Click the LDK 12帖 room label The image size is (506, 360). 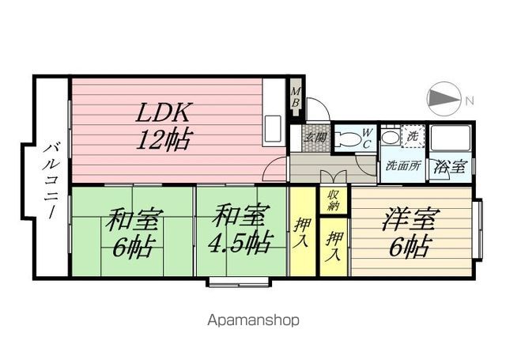coord(163,127)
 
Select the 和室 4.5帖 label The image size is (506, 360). coord(239,231)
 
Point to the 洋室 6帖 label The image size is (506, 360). coord(410,233)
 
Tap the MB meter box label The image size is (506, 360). coord(295,97)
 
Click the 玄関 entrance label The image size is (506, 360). coord(315,138)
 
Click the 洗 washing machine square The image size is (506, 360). coord(413,136)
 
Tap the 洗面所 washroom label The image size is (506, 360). coord(404,166)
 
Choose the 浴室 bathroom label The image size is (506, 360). coord(450,167)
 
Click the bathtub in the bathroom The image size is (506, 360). coord(451,138)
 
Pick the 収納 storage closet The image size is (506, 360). coord(334,200)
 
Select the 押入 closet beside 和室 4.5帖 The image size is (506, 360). coord(302,231)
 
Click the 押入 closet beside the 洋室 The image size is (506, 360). coord(334,247)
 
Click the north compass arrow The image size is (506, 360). coord(444,98)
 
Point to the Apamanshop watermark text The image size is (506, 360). coord(253,320)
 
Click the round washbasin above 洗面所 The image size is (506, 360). coord(390,138)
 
